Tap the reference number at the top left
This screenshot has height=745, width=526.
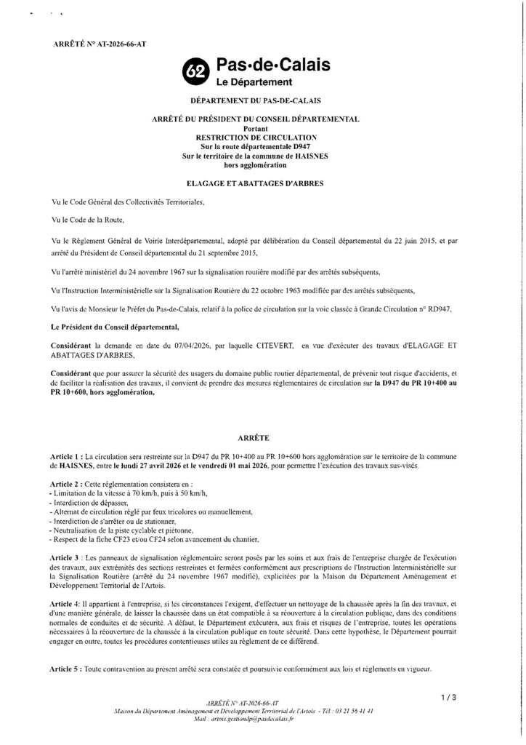coord(100,44)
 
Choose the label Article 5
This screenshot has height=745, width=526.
coord(68,668)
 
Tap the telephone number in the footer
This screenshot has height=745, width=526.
coord(348,710)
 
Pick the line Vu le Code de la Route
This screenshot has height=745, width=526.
coord(89,218)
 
